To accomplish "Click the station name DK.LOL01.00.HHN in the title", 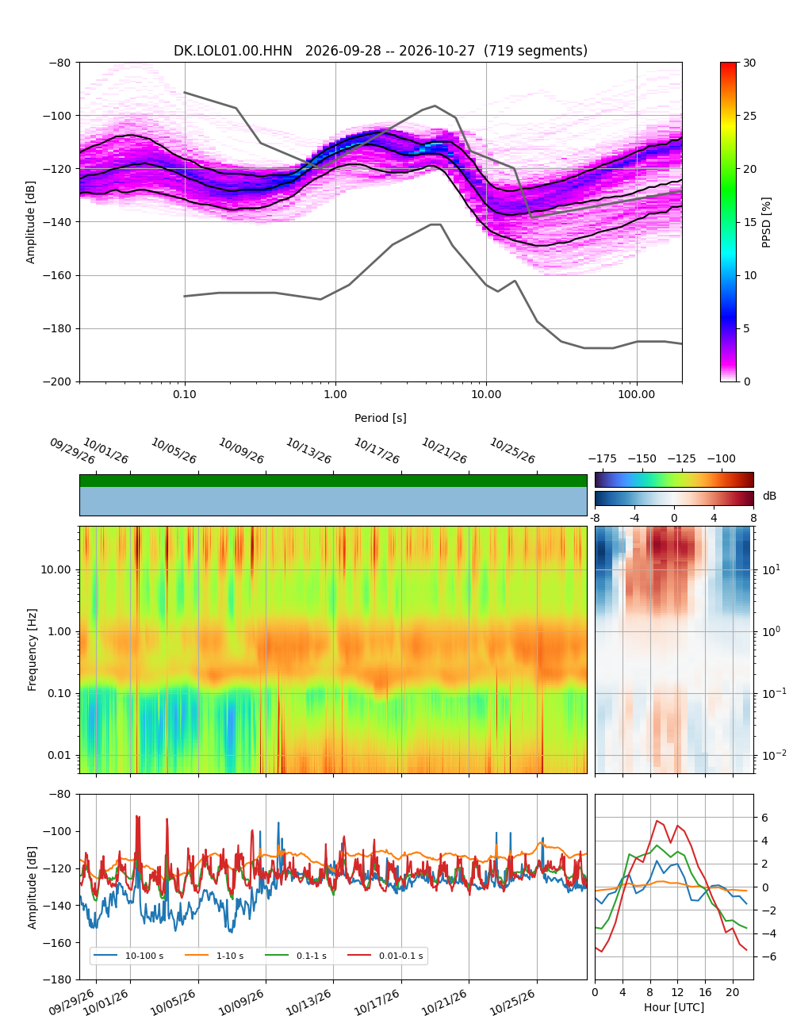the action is coord(232,51).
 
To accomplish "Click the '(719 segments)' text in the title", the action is coord(535,51).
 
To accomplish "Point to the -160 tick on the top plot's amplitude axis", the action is coord(57,275).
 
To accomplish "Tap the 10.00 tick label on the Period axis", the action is coord(486,394).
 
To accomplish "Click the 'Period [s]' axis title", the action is coord(381,418).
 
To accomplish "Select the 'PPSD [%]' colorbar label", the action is coord(766,222).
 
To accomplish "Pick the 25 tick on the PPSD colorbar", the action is coord(749,116).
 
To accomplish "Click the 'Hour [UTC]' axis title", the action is coord(674,1006).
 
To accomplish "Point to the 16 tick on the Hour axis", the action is coord(705,992).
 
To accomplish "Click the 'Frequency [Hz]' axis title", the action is coord(32,650).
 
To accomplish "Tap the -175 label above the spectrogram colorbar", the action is coord(603,459).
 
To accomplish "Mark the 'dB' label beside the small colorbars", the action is coord(769,496).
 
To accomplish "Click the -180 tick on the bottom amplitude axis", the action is coord(57,979).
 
